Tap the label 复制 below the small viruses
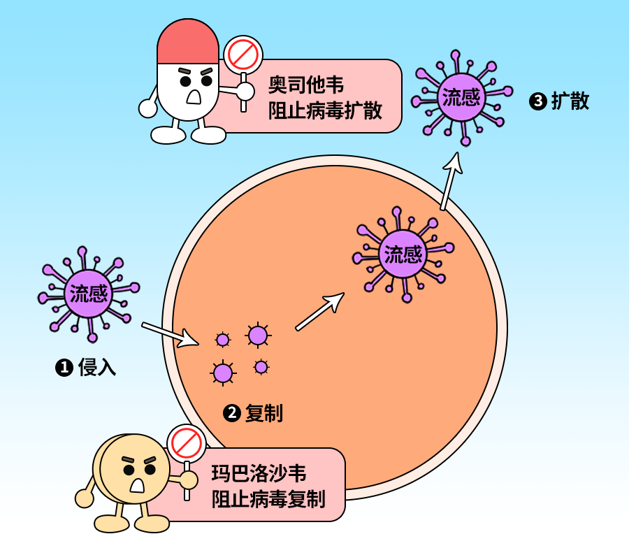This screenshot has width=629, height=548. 264,413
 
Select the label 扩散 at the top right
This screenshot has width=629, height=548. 570,101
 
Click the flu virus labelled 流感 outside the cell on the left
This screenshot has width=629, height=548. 89,293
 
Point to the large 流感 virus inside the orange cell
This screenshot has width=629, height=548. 403,253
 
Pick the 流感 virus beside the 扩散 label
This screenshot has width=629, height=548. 461,96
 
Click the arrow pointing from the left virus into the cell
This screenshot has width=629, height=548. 171,334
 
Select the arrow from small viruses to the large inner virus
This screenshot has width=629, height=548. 319,312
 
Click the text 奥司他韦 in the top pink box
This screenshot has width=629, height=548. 306,86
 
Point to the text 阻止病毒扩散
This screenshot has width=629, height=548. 325,111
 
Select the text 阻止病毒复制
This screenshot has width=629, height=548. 268,499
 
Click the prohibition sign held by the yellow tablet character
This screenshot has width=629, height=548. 186,442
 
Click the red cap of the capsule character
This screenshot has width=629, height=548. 188,42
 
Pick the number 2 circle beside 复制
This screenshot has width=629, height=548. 231,413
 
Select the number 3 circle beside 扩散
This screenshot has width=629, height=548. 537,102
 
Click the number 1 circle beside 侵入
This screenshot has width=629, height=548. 64,368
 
